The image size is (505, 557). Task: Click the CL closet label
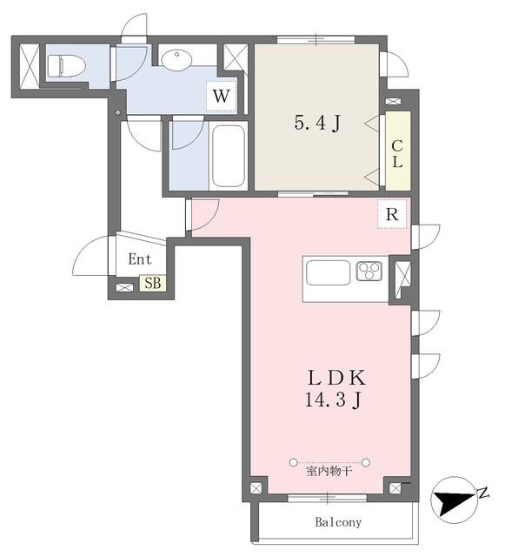point(397,153)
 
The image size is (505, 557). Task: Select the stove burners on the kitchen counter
point(369,272)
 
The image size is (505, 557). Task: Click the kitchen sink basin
point(326,272)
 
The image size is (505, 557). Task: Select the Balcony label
point(337,523)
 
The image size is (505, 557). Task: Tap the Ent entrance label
point(140,258)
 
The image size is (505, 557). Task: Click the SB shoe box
point(152,282)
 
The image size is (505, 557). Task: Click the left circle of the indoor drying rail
point(293,461)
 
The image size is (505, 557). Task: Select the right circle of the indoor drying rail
point(367,461)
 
